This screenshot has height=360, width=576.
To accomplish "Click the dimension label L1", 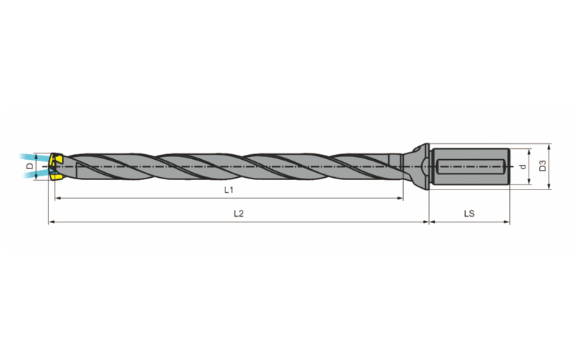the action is click(x=228, y=190).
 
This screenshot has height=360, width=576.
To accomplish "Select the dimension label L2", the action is click(x=239, y=213).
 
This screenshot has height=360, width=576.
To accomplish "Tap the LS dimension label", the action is click(x=469, y=213).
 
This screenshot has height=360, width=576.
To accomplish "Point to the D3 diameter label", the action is click(x=543, y=166).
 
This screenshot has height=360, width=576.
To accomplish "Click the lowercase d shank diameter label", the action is click(x=523, y=166).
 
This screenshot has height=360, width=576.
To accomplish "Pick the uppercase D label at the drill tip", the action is click(x=30, y=166).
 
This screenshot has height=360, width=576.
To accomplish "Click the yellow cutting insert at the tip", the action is click(x=55, y=167).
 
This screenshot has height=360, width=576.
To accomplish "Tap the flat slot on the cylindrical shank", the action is click(x=470, y=167).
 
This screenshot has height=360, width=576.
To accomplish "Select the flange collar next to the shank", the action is click(x=422, y=167).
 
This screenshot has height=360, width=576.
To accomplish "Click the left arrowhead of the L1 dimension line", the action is click(x=58, y=199).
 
